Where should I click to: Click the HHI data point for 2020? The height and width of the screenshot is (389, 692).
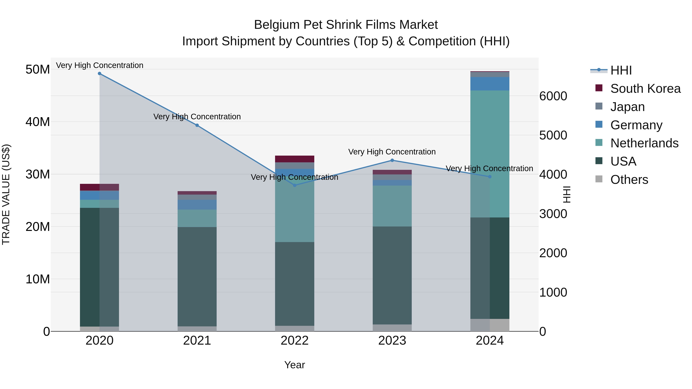(100, 74)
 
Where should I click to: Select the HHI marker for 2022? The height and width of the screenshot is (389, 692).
(295, 185)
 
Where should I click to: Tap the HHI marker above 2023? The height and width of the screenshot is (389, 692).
(392, 160)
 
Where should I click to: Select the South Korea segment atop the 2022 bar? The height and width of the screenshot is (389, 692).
(295, 159)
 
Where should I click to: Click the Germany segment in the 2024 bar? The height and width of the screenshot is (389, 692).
(490, 84)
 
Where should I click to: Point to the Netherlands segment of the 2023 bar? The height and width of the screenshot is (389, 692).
(392, 206)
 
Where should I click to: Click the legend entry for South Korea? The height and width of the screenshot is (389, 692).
(645, 89)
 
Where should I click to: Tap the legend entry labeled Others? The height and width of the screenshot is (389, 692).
(629, 180)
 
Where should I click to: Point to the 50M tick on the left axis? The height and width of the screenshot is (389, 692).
(38, 70)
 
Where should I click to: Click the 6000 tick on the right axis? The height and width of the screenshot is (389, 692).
(553, 96)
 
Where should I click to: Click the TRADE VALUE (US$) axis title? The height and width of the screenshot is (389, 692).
(6, 194)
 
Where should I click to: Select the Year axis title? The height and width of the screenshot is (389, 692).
(295, 365)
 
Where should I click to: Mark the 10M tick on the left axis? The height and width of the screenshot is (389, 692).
(38, 279)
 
